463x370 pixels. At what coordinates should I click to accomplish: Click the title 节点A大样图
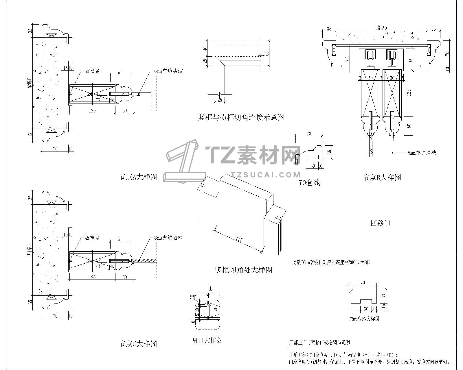tap(138, 177)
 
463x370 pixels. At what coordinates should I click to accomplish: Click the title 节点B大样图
tap(383, 177)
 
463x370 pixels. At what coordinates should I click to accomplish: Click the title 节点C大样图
tap(138, 344)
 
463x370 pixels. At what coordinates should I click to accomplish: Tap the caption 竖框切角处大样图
tap(243, 270)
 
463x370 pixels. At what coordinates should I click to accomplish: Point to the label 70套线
tap(309, 183)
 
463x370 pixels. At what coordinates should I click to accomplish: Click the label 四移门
tap(380, 223)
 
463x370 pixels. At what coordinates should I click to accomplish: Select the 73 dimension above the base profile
tap(363, 281)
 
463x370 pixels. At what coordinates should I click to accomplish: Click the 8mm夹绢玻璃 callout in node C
tap(169, 238)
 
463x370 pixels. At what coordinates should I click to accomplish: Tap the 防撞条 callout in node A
tap(92, 71)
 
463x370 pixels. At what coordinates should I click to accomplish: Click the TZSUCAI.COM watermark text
tap(266, 175)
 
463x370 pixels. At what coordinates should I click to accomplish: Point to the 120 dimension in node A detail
tap(92, 110)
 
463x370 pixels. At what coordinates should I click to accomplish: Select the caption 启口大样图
tap(207, 340)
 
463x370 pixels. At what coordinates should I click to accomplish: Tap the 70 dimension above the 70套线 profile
tap(309, 134)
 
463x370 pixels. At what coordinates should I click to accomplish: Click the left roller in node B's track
tap(370, 55)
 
